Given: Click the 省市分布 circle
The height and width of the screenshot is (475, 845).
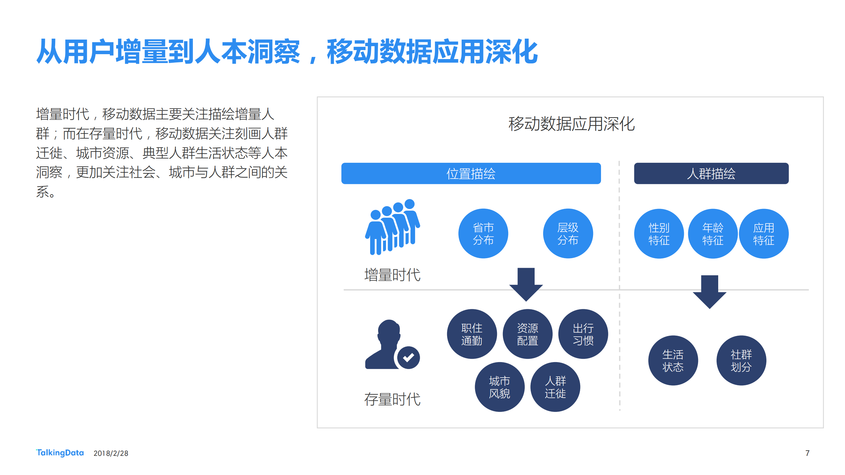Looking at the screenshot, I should [x=483, y=233].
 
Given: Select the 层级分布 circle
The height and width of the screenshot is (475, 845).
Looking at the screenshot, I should [x=568, y=233].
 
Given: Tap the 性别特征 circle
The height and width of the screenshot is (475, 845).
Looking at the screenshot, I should [x=659, y=234].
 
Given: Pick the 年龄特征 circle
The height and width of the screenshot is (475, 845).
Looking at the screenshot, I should [x=713, y=234].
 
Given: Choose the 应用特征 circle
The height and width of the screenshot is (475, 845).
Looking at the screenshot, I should [x=763, y=234].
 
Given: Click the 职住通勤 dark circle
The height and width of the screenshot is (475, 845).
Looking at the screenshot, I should [x=472, y=334].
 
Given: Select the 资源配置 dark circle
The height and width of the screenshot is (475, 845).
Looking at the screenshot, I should [x=527, y=334].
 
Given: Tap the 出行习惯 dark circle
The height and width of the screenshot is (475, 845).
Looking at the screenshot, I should [x=583, y=334].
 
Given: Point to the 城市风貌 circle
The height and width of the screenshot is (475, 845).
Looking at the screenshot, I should [x=499, y=387].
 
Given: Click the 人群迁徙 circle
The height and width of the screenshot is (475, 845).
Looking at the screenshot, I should [x=555, y=387].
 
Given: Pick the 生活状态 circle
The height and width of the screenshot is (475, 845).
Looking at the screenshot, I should [x=673, y=360].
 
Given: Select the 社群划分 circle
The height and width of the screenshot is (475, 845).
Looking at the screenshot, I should [x=741, y=360].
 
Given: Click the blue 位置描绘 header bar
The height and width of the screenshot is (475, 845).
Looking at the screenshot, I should [x=471, y=173].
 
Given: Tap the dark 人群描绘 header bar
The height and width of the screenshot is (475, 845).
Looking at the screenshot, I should [x=711, y=173].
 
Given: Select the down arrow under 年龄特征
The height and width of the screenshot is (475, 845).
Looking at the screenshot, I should [x=709, y=292].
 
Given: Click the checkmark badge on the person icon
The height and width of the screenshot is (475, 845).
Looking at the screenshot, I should [x=408, y=357].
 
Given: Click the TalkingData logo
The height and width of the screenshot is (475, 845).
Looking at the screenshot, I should [x=60, y=453].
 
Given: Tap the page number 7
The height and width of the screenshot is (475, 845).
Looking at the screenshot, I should [x=807, y=453].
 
